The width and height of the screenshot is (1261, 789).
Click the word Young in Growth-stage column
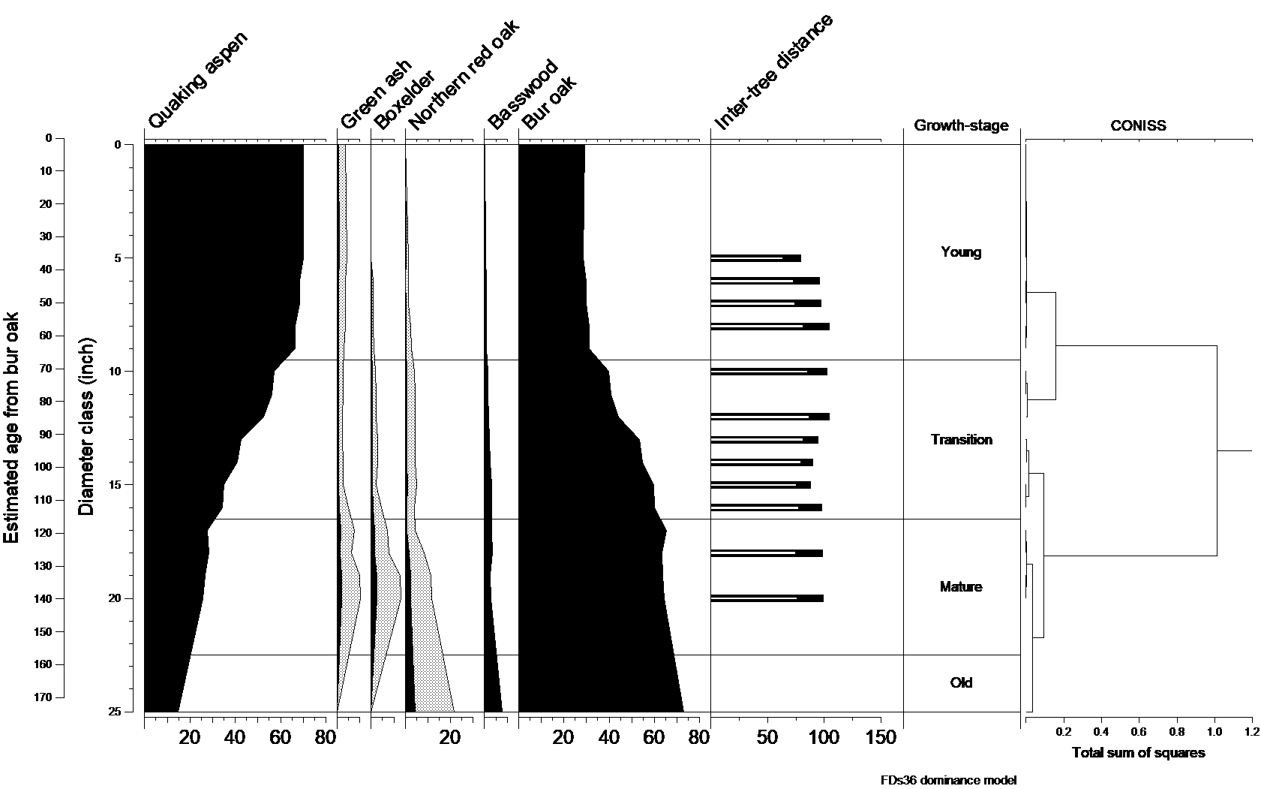(961, 252)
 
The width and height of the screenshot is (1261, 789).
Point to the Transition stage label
(961, 440)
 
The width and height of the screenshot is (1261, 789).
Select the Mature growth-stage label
(961, 587)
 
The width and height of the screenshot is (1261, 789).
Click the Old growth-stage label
(961, 683)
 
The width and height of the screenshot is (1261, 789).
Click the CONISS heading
(1138, 126)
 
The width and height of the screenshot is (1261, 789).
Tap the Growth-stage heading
(961, 126)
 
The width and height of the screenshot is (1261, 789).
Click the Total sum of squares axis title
(1138, 753)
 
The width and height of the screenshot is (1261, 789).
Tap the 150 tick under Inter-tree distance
(881, 738)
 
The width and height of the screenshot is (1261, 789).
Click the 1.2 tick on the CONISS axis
(1251, 731)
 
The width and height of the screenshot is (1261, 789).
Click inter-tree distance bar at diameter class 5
(755, 258)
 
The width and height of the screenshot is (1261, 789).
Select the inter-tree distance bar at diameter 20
(767, 598)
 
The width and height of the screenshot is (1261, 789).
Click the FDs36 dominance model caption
(948, 780)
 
